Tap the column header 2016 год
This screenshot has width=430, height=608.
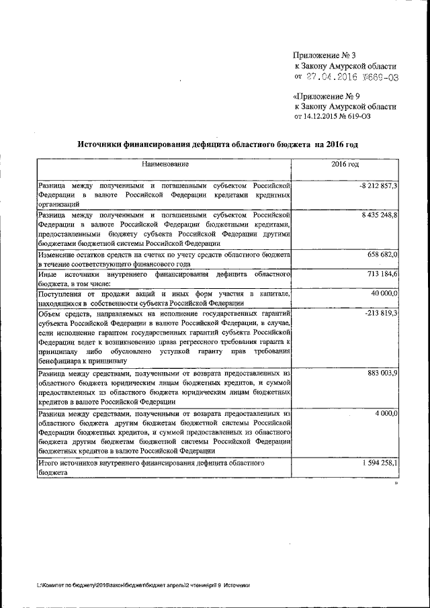click(x=345, y=165)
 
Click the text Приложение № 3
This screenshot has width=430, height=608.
click(x=322, y=54)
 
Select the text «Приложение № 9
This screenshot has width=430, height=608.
click(x=323, y=95)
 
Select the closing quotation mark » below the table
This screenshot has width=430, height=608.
click(x=396, y=482)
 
